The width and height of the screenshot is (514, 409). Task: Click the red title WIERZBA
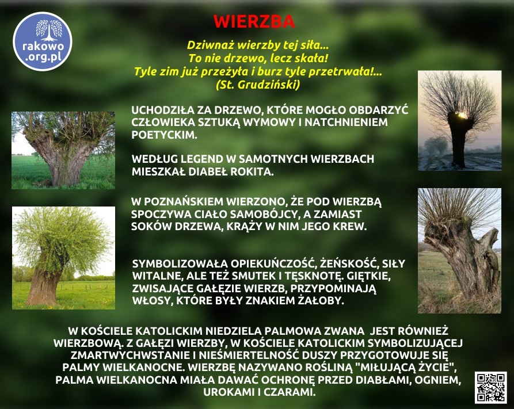pyautogui.click(x=254, y=22)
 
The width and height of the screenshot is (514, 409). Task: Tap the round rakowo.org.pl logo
pyautogui.click(x=43, y=41)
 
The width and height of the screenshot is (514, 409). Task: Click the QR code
pyautogui.click(x=491, y=387)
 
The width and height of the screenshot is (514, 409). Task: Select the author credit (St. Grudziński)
pyautogui.click(x=258, y=85)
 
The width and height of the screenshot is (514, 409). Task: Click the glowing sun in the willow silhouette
pyautogui.click(x=462, y=115)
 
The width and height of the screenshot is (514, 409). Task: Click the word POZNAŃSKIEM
pyautogui.click(x=184, y=201)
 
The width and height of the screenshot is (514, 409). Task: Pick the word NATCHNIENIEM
pyautogui.click(x=346, y=123)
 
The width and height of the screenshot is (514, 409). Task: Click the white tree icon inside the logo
pyautogui.click(x=49, y=30)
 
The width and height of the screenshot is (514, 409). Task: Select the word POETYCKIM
pyautogui.click(x=164, y=135)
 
